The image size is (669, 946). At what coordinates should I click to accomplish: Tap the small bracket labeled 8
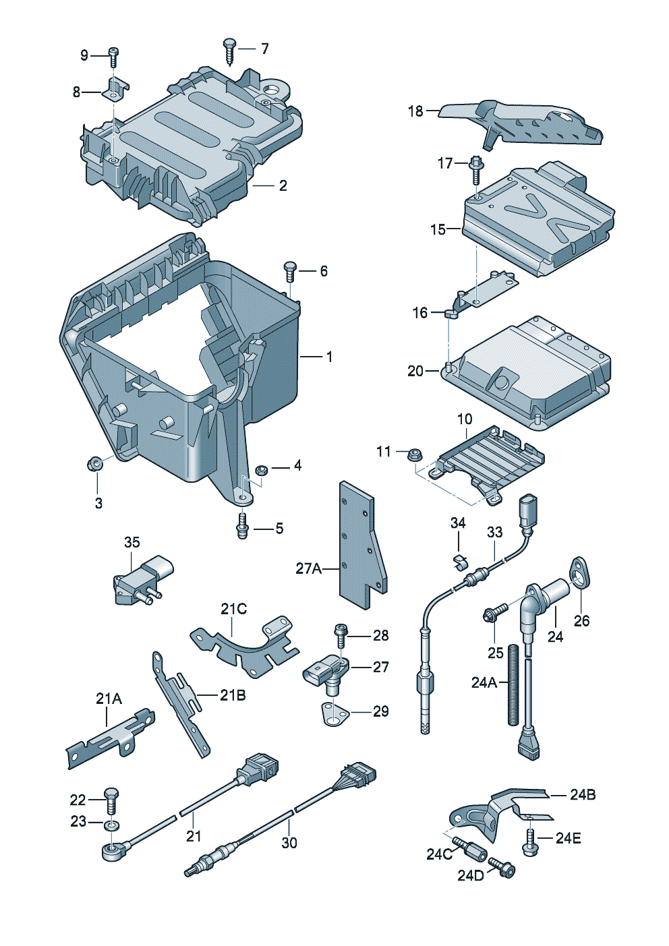pyautogui.click(x=117, y=88)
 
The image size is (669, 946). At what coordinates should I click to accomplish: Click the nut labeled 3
pyautogui.click(x=95, y=463)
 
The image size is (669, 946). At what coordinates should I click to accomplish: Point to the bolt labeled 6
pyautogui.click(x=291, y=271)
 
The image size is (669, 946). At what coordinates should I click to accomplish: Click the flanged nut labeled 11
pyautogui.click(x=415, y=454)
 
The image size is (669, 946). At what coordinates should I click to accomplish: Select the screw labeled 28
pyautogui.click(x=341, y=635)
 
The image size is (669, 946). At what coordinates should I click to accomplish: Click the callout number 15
pyautogui.click(x=438, y=229)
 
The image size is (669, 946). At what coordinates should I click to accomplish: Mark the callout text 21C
pyautogui.click(x=233, y=609)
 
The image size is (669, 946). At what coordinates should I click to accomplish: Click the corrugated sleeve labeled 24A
pyautogui.click(x=514, y=684)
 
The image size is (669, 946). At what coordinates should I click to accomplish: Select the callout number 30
pyautogui.click(x=289, y=843)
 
